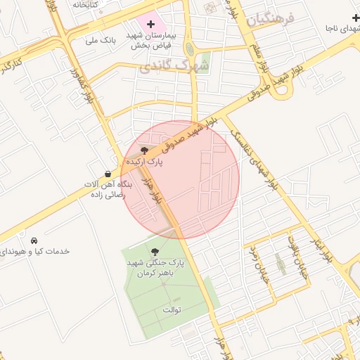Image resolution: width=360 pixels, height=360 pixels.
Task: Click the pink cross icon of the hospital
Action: [x=150, y=25]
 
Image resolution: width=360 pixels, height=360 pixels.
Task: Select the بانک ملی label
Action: [x=100, y=40]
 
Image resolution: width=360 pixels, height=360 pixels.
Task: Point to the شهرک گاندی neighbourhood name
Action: [x=174, y=66]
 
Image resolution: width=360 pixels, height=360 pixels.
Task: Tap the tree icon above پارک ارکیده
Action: [x=144, y=150]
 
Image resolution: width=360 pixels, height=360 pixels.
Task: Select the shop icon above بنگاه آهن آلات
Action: [x=107, y=174]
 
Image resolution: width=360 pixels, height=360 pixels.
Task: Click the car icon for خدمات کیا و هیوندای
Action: [x=34, y=240]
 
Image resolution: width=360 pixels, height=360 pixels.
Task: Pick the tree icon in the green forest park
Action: [x=155, y=252]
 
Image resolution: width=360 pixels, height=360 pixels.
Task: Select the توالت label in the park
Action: [x=172, y=309]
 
